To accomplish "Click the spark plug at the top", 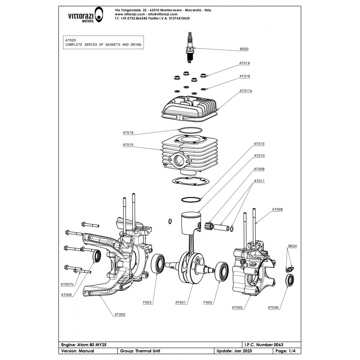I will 190,48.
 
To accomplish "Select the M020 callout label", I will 244,49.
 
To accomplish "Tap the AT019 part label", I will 244,63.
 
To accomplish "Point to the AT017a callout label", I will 246,91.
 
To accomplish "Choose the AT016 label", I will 128,133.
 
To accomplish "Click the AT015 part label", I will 128,145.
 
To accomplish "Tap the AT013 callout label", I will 259,144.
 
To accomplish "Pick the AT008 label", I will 277,209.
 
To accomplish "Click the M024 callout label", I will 292,247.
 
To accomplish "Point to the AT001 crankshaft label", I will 180,302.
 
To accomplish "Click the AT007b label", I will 67,284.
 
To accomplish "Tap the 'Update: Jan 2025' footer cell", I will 231,351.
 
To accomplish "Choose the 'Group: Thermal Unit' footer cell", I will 140,351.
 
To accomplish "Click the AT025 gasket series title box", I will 103,42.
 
